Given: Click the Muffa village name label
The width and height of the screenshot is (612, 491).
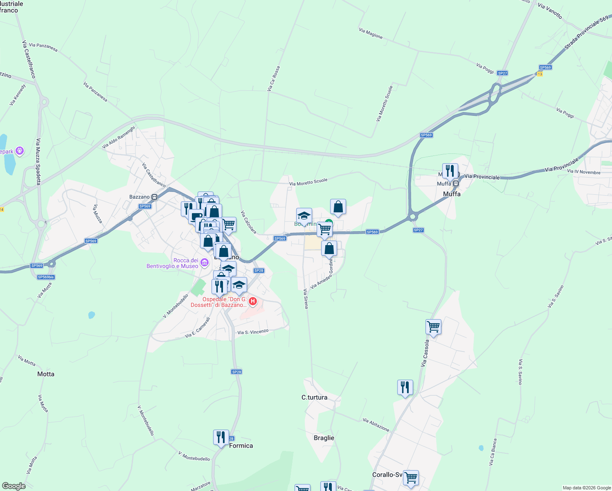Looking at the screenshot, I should [x=452, y=194].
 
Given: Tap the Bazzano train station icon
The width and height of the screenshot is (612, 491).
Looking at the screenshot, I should [x=154, y=197].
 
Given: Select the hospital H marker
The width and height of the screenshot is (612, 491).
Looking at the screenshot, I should [x=253, y=302].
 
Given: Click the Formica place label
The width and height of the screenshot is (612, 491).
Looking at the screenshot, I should [x=241, y=446].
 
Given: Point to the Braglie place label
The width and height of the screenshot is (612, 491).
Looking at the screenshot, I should [x=324, y=438].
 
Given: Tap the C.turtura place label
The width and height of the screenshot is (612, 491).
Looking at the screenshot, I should [x=314, y=397].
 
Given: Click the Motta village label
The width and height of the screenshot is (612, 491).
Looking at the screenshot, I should [x=46, y=374].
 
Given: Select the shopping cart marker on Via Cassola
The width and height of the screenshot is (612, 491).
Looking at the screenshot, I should [x=433, y=327].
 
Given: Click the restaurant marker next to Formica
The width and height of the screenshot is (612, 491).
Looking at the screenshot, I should [x=221, y=437].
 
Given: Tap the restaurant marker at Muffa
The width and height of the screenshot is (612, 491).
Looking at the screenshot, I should [x=450, y=171].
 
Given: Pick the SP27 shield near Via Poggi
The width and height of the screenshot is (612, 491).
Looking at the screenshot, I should [x=502, y=73].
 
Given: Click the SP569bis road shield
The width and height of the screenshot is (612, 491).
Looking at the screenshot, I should [x=46, y=277].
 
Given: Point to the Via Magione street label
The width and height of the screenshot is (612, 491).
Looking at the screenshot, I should [x=371, y=34].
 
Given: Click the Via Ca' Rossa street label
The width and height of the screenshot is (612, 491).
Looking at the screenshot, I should [x=274, y=79].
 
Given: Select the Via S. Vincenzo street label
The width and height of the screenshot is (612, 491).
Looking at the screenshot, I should [x=253, y=332].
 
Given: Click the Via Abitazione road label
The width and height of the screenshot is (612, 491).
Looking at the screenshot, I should [x=376, y=425].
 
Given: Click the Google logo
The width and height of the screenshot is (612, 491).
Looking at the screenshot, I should [x=14, y=486].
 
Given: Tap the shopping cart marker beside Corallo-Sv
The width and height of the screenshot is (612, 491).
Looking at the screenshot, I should [x=411, y=477].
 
